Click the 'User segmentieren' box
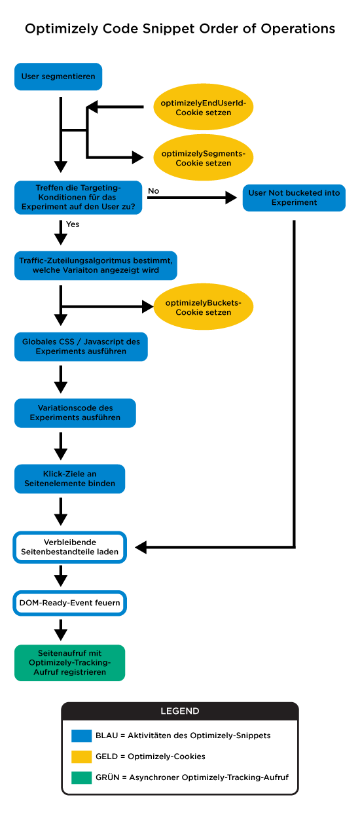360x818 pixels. point(58,77)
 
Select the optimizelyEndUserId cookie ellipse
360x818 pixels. point(203,108)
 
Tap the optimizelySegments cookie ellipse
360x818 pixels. point(203,158)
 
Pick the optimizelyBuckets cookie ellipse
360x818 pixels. point(203,308)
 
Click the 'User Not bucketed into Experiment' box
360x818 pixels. point(294,198)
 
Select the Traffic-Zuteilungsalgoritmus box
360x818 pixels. point(96,265)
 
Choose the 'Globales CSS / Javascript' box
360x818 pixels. point(81,346)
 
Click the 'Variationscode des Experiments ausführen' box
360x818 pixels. point(75,413)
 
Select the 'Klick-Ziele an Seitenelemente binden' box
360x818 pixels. point(70,479)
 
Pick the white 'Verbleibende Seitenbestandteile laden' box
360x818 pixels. point(70,547)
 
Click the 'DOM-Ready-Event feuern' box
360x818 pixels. point(70,603)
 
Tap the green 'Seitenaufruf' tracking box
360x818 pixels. point(70,663)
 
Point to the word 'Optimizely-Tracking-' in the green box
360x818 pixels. point(70,663)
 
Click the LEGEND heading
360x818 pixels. point(180,711)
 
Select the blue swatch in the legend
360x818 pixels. point(82,736)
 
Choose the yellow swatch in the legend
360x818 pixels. point(82,757)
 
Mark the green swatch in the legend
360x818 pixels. point(82,778)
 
